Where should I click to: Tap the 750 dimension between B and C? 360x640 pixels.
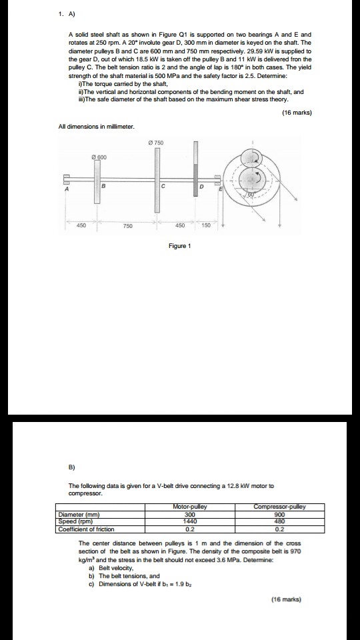click(128, 225)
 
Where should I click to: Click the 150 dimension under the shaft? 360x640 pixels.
click(206, 225)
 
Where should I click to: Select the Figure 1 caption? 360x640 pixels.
click(179, 246)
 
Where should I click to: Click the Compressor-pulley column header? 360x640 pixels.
click(280, 507)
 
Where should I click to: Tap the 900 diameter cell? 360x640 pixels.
click(280, 513)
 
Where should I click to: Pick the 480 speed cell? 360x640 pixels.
click(280, 518)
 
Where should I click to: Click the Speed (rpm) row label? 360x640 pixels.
click(73, 518)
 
